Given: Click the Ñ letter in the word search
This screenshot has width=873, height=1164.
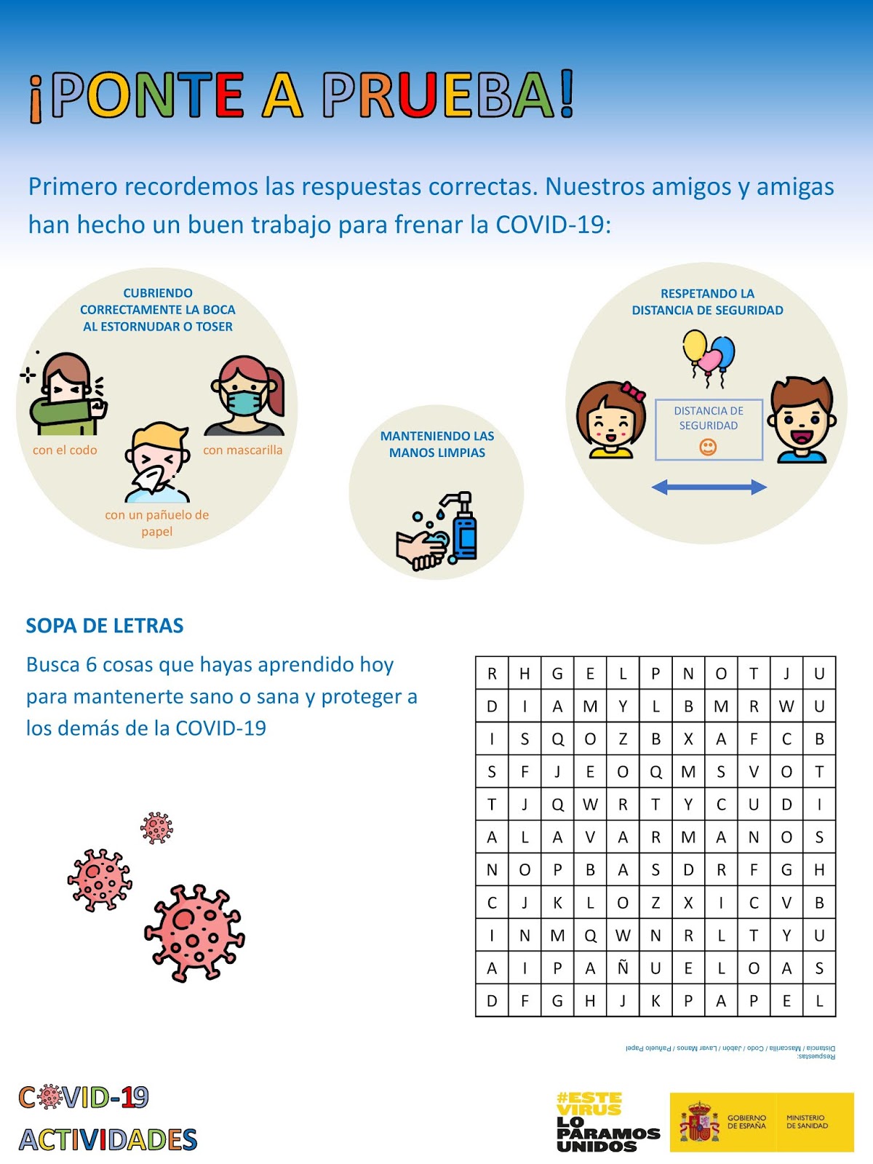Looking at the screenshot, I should pyautogui.click(x=623, y=968).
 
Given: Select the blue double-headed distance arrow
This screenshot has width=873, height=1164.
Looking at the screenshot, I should pyautogui.click(x=709, y=487).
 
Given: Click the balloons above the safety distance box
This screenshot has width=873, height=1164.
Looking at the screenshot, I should pyautogui.click(x=709, y=355).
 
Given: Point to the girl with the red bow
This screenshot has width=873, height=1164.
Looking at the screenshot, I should pyautogui.click(x=611, y=420).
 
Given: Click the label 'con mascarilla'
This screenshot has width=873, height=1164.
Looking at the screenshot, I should pyautogui.click(x=242, y=450).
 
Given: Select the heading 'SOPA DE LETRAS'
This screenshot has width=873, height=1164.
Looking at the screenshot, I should pyautogui.click(x=105, y=626).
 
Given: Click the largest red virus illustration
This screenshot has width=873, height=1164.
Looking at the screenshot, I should pyautogui.click(x=194, y=933).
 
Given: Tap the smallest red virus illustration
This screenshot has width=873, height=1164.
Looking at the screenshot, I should pyautogui.click(x=156, y=828).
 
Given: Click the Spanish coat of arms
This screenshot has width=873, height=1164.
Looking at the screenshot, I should pyautogui.click(x=699, y=1122).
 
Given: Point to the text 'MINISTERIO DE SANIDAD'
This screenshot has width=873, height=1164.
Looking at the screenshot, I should pyautogui.click(x=806, y=1122).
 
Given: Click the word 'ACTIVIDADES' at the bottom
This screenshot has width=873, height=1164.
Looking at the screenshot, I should pyautogui.click(x=108, y=1139).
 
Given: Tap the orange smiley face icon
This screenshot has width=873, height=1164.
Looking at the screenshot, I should pyautogui.click(x=708, y=447).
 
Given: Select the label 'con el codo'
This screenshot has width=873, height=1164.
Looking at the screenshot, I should pyautogui.click(x=65, y=450).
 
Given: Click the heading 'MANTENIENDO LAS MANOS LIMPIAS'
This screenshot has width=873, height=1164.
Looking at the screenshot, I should pyautogui.click(x=436, y=445).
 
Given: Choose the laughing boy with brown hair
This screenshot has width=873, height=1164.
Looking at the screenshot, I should pyautogui.click(x=802, y=420).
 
